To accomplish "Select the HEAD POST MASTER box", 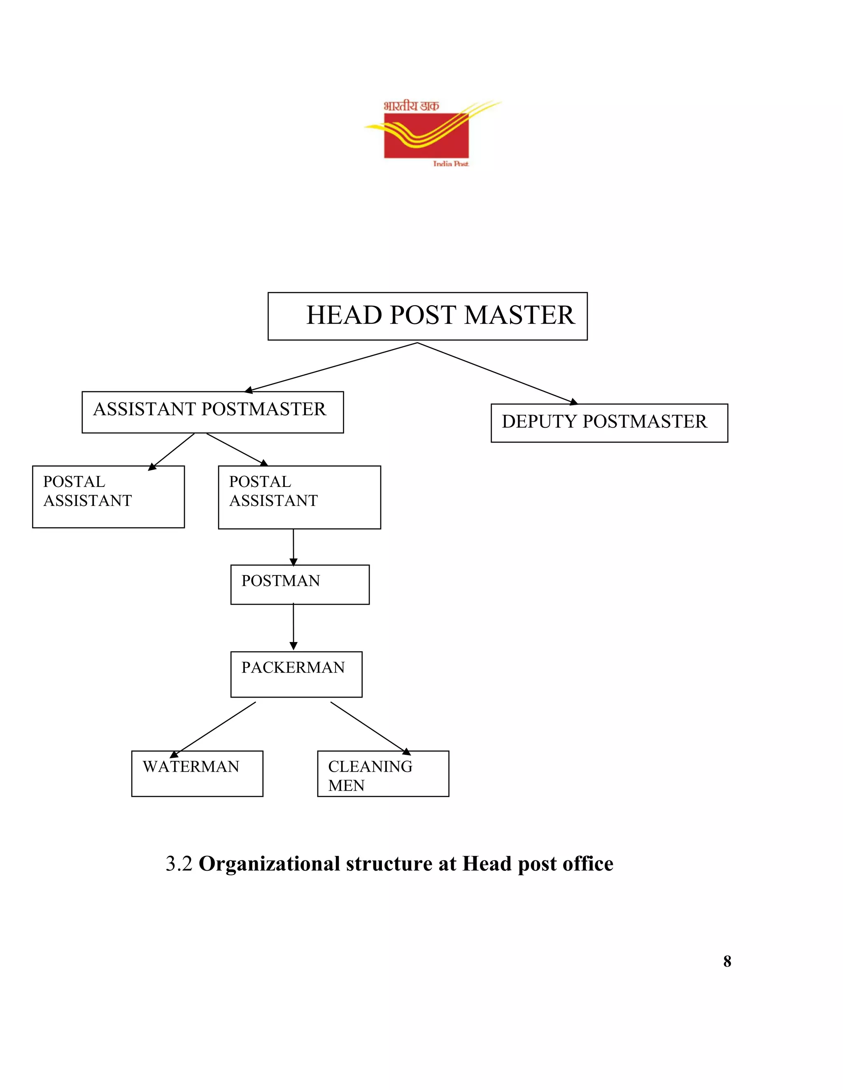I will point(428,316).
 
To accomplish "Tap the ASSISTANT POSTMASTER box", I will point(212,412).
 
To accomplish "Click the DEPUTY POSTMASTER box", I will point(609,423).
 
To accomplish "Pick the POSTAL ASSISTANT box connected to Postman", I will point(299,497).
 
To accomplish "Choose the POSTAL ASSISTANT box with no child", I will point(108,496).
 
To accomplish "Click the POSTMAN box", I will point(300,584).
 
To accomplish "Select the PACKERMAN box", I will point(296,674).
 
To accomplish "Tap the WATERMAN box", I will point(197,773).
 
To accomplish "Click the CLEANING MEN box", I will point(383,773).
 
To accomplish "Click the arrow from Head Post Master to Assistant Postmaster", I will point(332,367).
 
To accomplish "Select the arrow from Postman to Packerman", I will point(293,627).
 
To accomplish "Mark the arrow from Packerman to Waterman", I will point(214,729).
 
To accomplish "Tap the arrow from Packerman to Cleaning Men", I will point(370,728).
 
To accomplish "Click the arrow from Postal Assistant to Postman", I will point(293,547).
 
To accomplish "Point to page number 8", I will point(727,961).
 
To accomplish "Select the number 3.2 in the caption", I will point(179,864).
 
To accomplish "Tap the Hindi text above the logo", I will point(411,106).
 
